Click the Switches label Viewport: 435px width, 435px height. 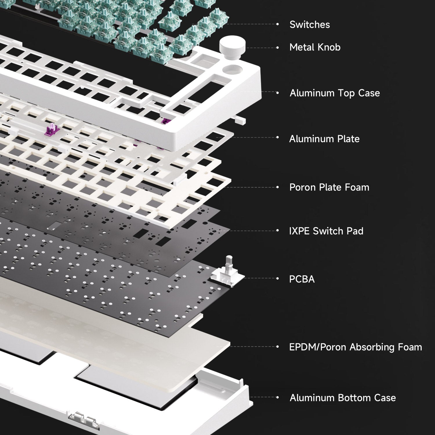310,25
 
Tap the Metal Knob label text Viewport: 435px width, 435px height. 315,47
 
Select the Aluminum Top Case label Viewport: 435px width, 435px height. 335,93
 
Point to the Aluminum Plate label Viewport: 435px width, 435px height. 324,139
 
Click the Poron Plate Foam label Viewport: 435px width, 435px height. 329,187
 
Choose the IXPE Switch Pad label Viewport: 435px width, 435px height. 326,231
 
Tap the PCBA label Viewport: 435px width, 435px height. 302,279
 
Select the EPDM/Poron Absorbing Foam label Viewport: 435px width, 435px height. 356,347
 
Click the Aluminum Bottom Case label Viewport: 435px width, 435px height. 343,398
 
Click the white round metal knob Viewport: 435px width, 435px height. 233,46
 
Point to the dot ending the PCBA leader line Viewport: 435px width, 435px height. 278,278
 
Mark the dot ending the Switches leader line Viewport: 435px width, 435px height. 278,24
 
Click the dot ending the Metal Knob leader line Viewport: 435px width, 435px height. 278,48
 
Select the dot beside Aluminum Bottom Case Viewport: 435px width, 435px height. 278,397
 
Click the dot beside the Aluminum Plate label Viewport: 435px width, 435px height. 278,137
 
